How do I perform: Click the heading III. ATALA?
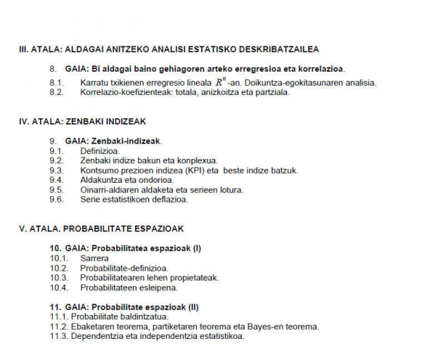pyautogui.click(x=169, y=50)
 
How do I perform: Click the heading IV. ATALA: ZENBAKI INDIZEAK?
pyautogui.click(x=79, y=121)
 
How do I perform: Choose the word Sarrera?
pyautogui.click(x=94, y=258)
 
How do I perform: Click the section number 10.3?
pyautogui.click(x=59, y=278)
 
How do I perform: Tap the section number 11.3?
pyautogui.click(x=59, y=336)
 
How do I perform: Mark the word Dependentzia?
pyautogui.click(x=101, y=336)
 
